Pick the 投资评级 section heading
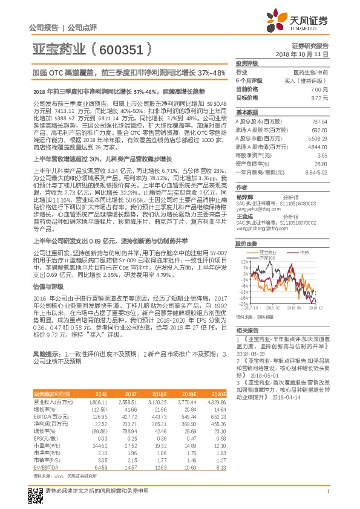pyautogui.click(x=247, y=63)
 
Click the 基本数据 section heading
pyautogui.click(x=247, y=112)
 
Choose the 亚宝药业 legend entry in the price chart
pyautogui.click(x=267, y=249)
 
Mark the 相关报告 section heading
pyautogui.click(x=247, y=330)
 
